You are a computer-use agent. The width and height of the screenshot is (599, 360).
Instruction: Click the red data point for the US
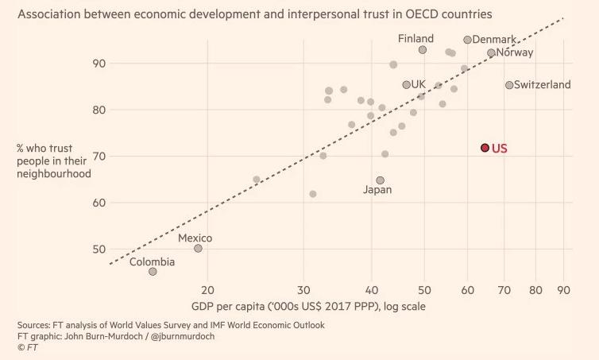point(485,148)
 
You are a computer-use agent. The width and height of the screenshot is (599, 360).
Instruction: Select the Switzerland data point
point(509,85)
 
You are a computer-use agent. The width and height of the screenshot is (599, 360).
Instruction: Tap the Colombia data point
point(153,272)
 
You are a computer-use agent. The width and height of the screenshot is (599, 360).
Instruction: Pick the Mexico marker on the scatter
point(198,249)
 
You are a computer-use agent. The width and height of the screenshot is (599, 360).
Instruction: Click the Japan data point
point(381,180)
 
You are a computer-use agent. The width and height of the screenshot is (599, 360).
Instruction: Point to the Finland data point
point(423,50)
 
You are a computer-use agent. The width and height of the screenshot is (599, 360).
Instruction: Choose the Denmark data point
point(467,40)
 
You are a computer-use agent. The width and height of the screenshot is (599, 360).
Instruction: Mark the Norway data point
point(491,53)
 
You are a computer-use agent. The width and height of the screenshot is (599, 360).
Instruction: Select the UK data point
point(407,84)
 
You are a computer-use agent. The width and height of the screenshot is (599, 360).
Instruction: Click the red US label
point(500,148)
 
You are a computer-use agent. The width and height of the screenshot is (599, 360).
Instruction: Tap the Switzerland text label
point(543,85)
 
